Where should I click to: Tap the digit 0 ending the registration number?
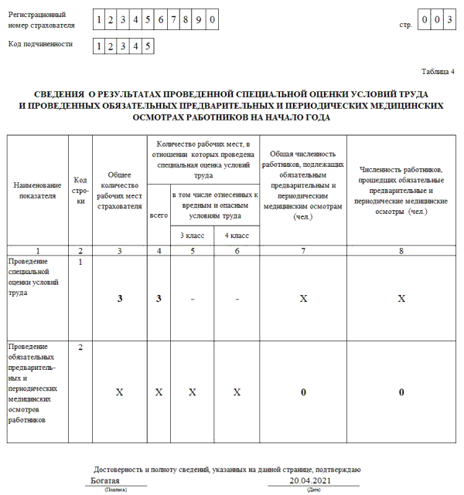pos(212,18)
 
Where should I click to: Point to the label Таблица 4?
pos(438,71)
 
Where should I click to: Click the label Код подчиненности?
pos(40,44)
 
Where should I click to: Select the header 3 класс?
pos(193,235)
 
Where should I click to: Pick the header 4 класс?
pos(237,235)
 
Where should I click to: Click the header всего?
pos(158,217)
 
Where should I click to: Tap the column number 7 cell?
pos(303,250)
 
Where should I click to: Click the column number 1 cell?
pos(37,250)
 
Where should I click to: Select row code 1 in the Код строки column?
pos(80,263)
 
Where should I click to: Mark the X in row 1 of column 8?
pos(401,298)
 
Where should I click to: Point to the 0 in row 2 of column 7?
pos(303,392)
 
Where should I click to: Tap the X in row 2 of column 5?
pos(193,392)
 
